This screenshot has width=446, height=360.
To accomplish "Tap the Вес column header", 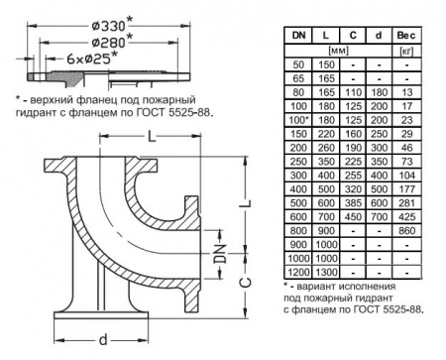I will point(406,34).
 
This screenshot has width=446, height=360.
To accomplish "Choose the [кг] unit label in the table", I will point(406,48).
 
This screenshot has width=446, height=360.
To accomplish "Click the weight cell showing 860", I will point(406,229).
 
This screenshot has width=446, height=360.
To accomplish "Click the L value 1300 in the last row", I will point(325,271).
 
